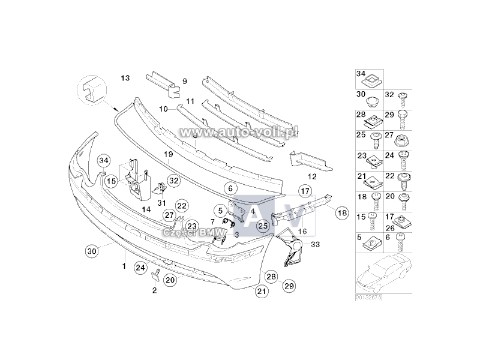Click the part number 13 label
click(125, 78)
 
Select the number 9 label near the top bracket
click(168, 81)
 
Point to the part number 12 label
click(311, 176)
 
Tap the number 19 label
click(169, 154)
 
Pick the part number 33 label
click(316, 244)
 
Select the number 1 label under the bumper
click(124, 265)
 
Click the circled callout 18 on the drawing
click(341, 212)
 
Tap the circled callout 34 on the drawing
click(104, 161)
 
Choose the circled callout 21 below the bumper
click(261, 292)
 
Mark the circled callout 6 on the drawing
click(229, 188)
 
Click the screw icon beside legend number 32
click(404, 95)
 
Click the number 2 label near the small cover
click(154, 290)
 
